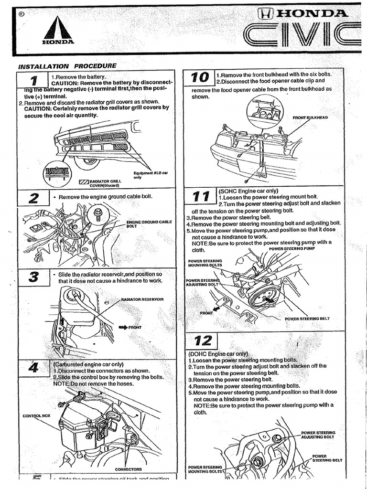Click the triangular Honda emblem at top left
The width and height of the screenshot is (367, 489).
tap(59, 30)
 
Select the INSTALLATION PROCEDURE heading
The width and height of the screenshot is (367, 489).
tap(67, 66)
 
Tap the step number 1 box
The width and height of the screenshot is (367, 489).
tap(32, 80)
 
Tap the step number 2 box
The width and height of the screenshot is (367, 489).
tap(33, 198)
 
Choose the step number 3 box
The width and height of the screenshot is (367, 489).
tap(33, 277)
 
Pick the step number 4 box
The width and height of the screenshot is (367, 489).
tap(33, 368)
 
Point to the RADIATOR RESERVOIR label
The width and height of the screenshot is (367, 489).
tap(142, 299)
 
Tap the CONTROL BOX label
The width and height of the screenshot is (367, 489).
tap(36, 415)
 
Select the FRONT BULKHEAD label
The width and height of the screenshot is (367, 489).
tap(310, 117)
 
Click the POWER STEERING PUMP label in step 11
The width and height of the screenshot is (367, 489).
tap(291, 249)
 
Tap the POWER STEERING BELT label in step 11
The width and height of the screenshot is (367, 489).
tap(307, 319)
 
